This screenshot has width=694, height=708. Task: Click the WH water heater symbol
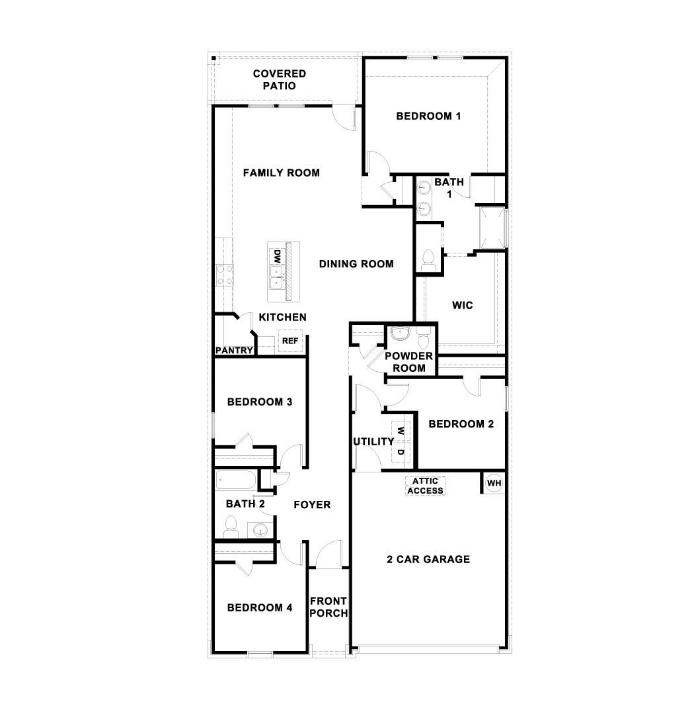coord(494,483)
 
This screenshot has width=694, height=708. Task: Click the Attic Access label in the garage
coord(425,486)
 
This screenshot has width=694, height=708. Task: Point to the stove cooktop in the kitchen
coord(225,275)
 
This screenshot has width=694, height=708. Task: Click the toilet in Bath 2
coord(230,526)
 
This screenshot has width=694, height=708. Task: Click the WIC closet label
coord(463,305)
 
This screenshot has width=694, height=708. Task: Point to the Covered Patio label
coord(280,79)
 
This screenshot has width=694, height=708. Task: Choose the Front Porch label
coord(328,607)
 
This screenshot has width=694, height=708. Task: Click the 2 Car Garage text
coord(428,559)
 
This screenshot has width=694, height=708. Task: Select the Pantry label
coord(234,350)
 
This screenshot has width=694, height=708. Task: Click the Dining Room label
coord(356,263)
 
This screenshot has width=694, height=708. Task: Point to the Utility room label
coord(373,441)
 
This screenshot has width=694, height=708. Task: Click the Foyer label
coord(312,504)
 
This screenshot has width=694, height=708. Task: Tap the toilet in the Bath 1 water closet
coord(427,257)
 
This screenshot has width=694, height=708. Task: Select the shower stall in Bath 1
coord(492,227)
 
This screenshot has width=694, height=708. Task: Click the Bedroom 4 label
coord(260,607)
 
